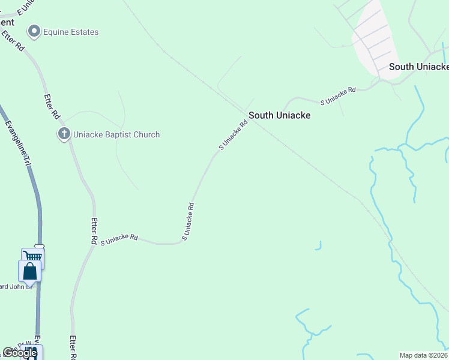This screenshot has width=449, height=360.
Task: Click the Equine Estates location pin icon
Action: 34,31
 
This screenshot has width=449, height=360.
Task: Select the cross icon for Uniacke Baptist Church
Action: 64,134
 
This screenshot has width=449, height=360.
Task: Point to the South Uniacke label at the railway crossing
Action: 279,115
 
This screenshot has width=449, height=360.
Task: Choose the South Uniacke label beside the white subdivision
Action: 418,67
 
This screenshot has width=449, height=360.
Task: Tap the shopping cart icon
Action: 33,257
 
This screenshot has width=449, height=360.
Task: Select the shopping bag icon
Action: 30,272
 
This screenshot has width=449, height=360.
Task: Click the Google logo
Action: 19,353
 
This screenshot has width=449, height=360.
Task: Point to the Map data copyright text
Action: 424,355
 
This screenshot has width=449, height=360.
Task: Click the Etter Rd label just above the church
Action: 52,106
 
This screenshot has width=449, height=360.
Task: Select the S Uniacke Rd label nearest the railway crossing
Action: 233,136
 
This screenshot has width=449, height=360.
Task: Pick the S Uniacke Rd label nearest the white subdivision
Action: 338,96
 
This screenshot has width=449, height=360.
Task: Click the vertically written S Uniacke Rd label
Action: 187,221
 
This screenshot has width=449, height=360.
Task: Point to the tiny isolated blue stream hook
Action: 319,245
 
